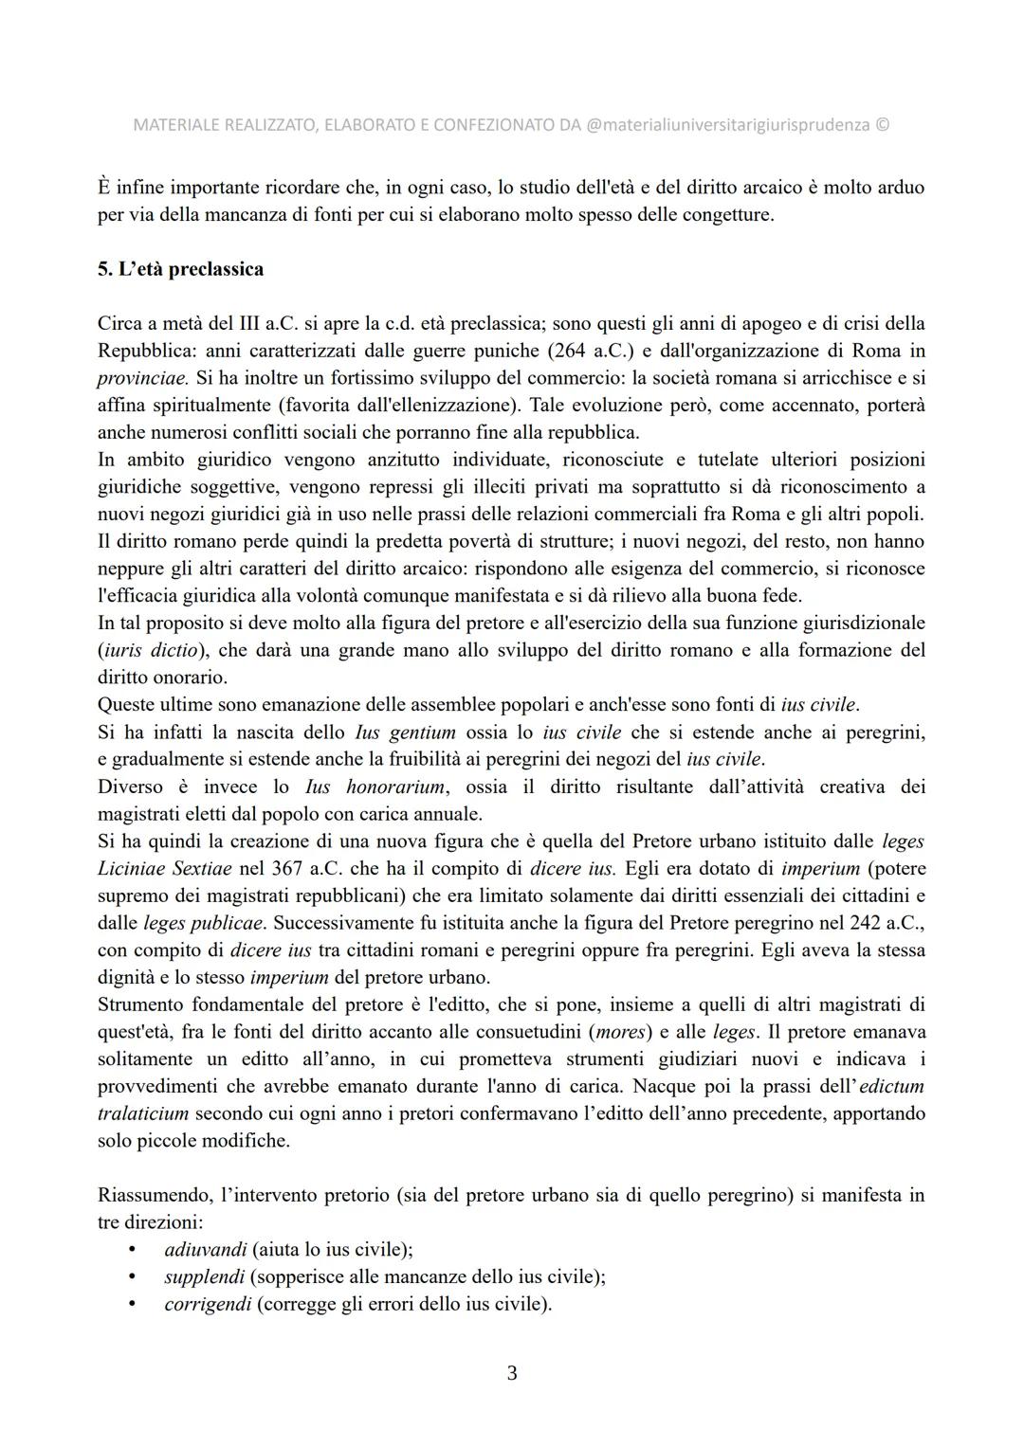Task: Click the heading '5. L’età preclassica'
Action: pos(180,269)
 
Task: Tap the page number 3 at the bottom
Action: pos(512,1373)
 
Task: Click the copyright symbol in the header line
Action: pos(883,125)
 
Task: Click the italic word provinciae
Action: pos(142,378)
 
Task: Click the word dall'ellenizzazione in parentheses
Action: pos(445,406)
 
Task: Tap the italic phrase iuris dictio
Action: pos(151,651)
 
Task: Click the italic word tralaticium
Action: pos(143,1113)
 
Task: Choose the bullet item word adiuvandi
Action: pos(205,1250)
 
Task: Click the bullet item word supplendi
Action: pos(204,1277)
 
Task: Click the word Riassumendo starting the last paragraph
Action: pos(148,1196)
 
